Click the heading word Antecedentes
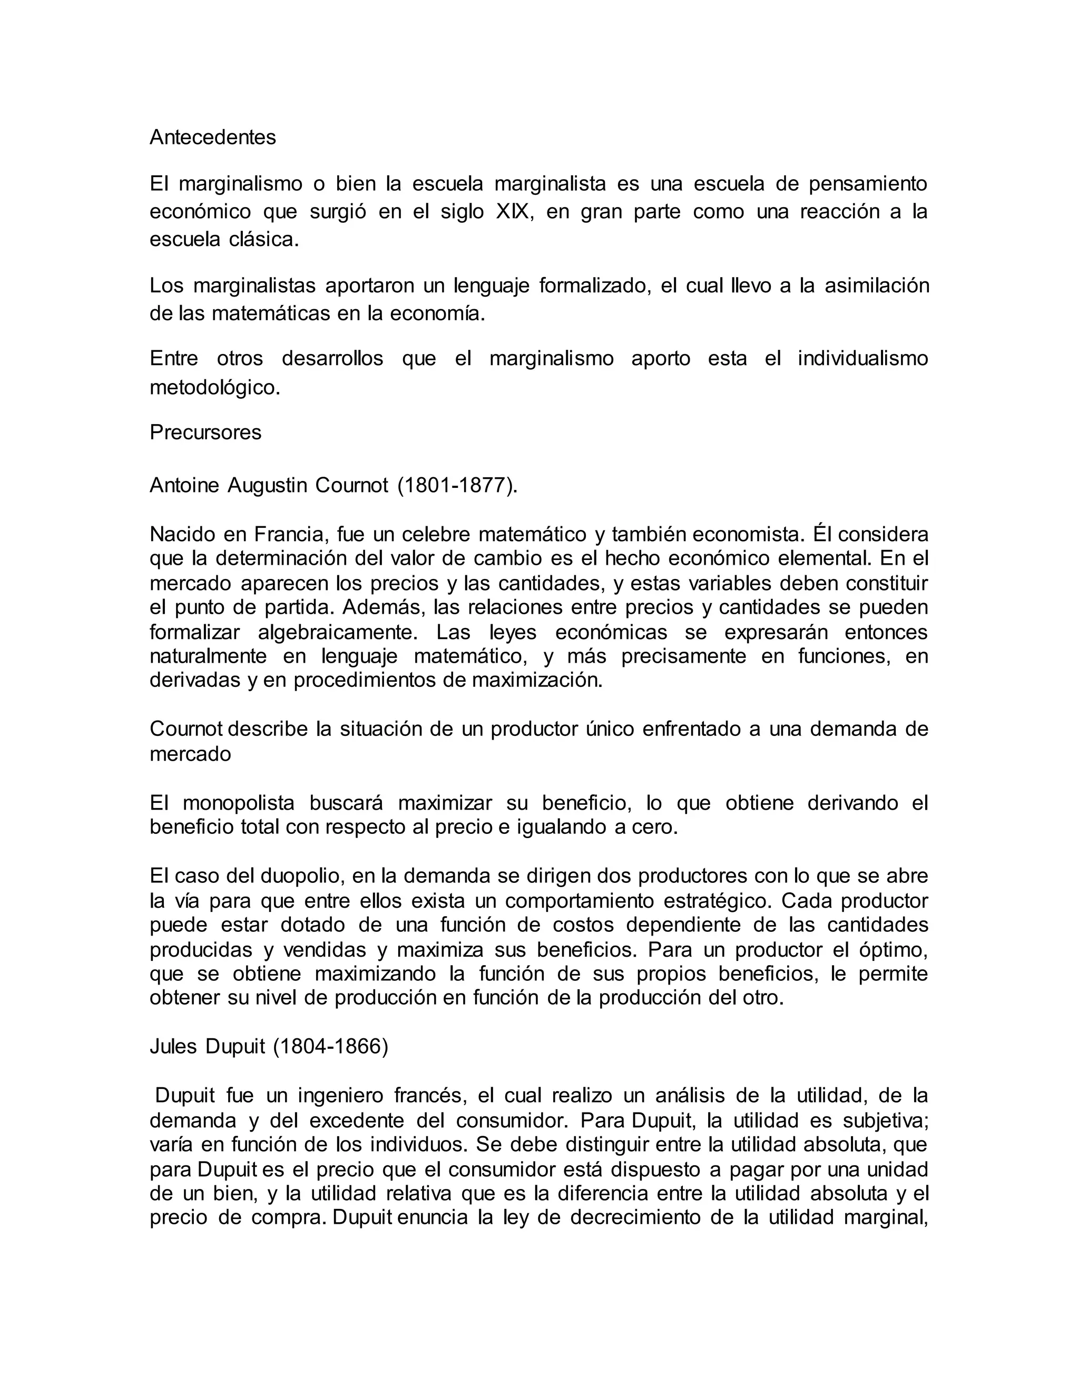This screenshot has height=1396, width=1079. tap(212, 137)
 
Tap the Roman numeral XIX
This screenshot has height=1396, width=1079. tap(513, 212)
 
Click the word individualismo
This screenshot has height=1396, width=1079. tap(862, 359)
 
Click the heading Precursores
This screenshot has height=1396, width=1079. tap(205, 432)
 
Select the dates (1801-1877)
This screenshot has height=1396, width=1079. tap(457, 486)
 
